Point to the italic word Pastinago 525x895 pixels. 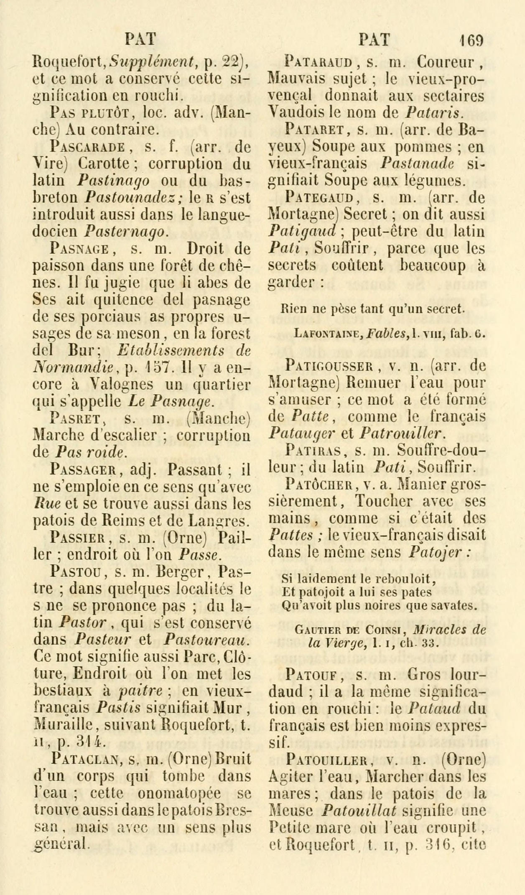[x=114, y=181]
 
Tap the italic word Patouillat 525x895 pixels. [x=359, y=811]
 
